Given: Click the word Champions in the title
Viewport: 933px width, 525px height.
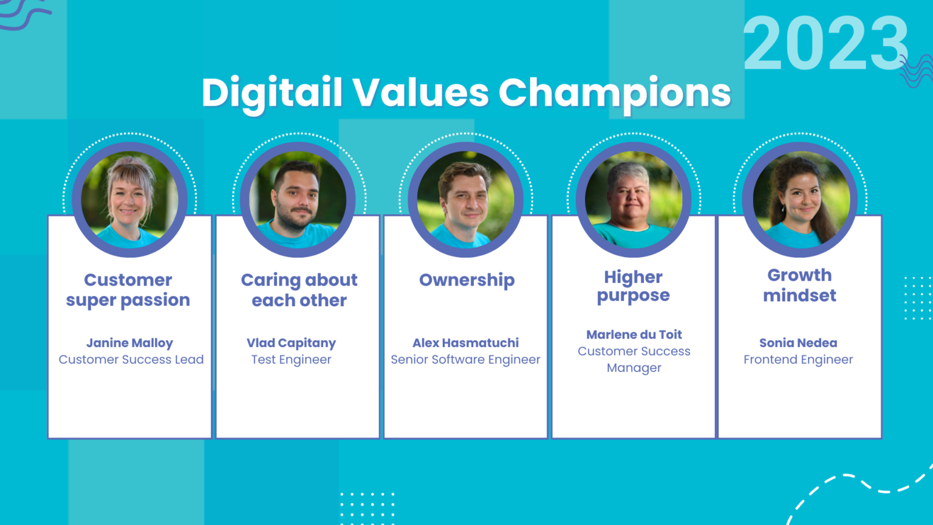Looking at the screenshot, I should point(614,93).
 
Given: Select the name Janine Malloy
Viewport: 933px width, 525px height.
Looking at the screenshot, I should point(129,343).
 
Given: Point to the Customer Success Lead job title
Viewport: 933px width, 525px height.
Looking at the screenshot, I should point(131,360).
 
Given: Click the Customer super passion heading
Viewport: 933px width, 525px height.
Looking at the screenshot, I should point(128,290).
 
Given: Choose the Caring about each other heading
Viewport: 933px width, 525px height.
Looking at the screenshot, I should point(299,290).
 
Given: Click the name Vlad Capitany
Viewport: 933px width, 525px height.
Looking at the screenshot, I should point(291,343).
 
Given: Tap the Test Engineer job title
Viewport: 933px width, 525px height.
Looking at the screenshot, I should point(291,360).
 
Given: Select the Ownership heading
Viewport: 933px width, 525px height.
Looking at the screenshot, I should point(466,280).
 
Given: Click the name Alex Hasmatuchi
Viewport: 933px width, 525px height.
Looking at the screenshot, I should point(465,343).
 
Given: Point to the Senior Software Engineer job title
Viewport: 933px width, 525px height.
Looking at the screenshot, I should point(465,360).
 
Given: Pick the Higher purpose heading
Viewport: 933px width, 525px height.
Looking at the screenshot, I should point(633,286).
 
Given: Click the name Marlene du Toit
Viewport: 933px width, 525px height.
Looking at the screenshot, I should point(634,334).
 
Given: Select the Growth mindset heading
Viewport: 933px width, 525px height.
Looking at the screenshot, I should point(799,285).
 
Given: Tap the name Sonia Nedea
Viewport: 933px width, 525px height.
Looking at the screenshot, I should point(798,343).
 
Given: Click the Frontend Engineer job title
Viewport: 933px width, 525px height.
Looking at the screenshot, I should point(798,360).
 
